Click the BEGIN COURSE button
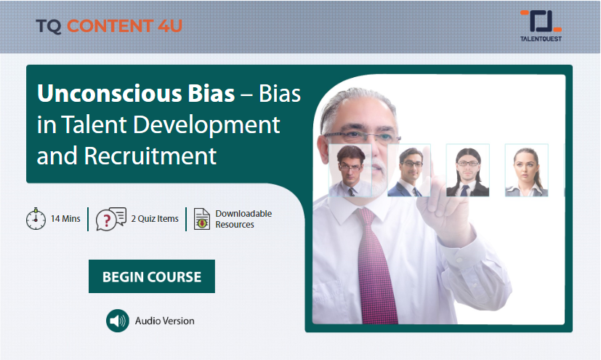(x=152, y=276)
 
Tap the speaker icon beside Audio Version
(x=118, y=321)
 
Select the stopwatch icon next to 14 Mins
(x=36, y=219)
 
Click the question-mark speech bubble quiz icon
(x=110, y=219)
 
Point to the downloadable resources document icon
(x=201, y=219)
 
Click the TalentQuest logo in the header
(x=541, y=25)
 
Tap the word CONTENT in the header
(x=110, y=25)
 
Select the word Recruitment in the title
(x=150, y=156)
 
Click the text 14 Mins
(x=65, y=218)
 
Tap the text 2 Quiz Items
(x=155, y=218)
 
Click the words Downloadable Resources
(x=243, y=219)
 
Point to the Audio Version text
(x=164, y=321)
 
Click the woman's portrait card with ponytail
(x=527, y=170)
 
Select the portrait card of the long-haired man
(x=468, y=170)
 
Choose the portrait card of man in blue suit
(x=409, y=170)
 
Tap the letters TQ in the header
(x=49, y=26)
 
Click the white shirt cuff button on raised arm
(x=459, y=260)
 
